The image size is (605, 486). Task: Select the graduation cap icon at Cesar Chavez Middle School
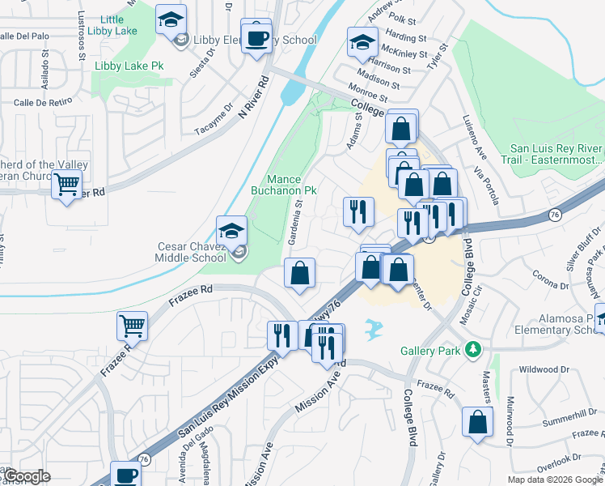pos(232,230)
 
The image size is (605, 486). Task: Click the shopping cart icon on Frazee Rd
pos(132,325)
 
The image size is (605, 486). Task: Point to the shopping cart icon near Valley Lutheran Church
pos(67,185)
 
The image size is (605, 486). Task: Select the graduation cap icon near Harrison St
pos(362,41)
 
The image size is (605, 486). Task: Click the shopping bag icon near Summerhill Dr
pos(478,420)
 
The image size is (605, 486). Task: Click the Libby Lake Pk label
pos(129,66)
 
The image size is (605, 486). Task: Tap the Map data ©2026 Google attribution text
pos(555,480)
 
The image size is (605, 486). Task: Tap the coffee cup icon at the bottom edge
pos(125,476)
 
